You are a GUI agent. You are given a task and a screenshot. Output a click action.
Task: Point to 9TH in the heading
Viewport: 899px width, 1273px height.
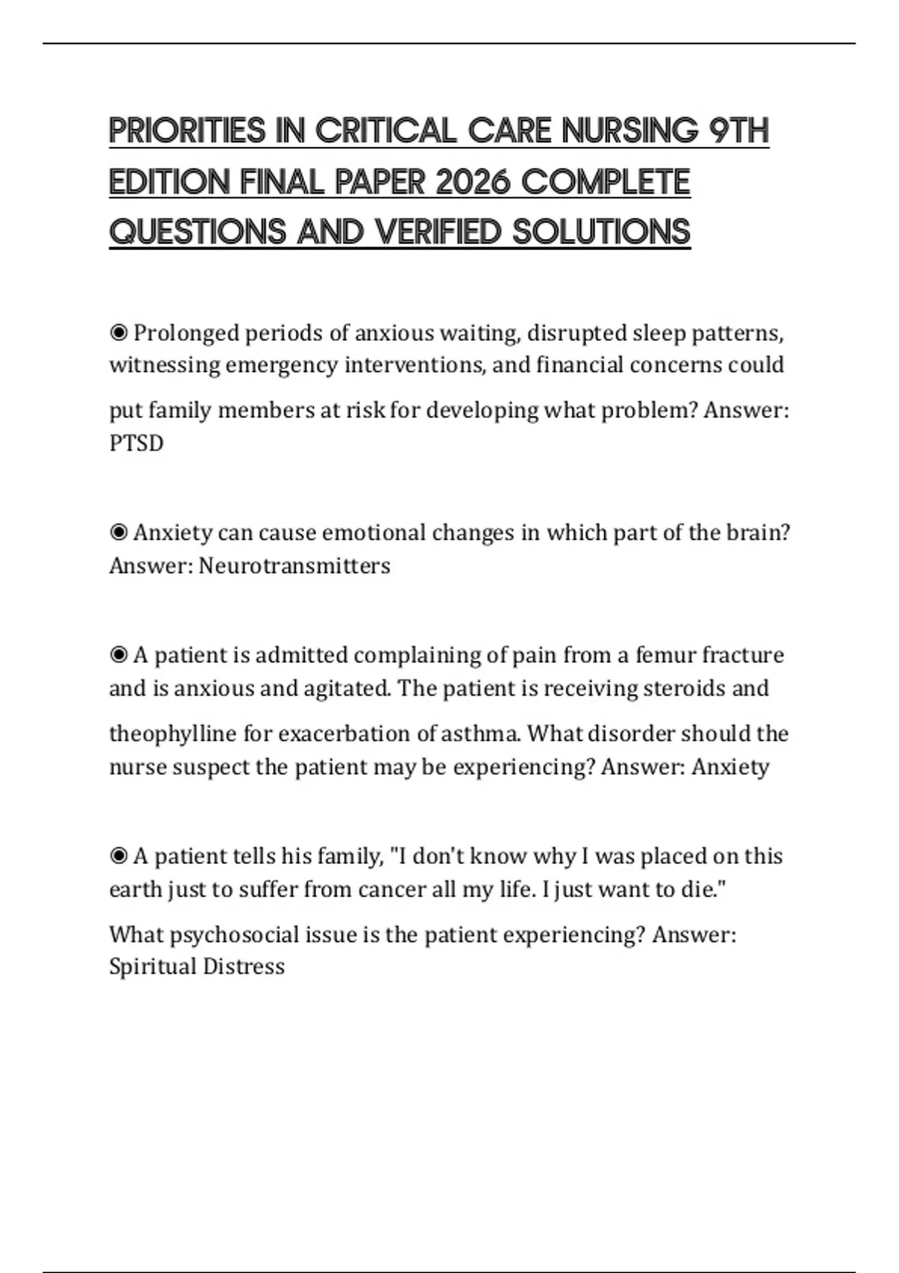pyautogui.click(x=739, y=131)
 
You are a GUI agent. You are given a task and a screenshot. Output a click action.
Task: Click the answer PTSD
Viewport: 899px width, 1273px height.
pyautogui.click(x=136, y=443)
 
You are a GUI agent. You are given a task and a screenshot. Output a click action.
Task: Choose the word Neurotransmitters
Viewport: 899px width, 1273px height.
pyautogui.click(x=294, y=565)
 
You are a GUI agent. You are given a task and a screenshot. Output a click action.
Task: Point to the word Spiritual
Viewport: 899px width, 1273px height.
pyautogui.click(x=152, y=967)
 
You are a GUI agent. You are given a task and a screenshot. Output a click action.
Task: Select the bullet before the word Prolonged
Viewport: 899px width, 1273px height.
pyautogui.click(x=118, y=332)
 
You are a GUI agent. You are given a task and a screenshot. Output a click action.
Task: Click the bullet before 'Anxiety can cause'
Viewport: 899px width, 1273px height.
pyautogui.click(x=118, y=532)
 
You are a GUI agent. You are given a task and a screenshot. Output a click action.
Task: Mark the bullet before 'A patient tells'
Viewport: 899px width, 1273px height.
pyautogui.click(x=118, y=856)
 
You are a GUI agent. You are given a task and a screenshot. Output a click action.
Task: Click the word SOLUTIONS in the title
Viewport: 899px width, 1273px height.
pyautogui.click(x=602, y=232)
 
